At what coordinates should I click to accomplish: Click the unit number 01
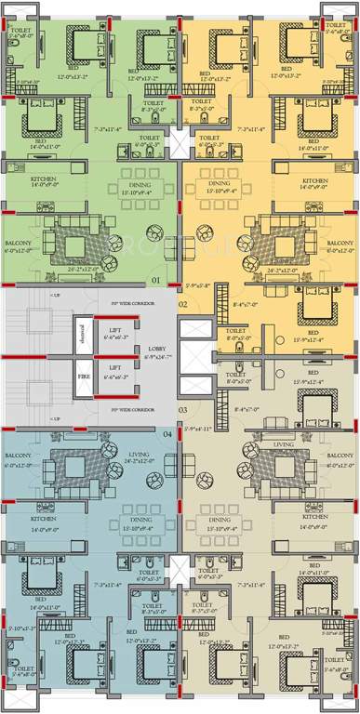point(155,279)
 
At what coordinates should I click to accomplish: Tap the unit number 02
point(183,304)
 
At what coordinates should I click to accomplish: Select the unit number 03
point(183,410)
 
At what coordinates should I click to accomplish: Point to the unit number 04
point(167,433)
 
